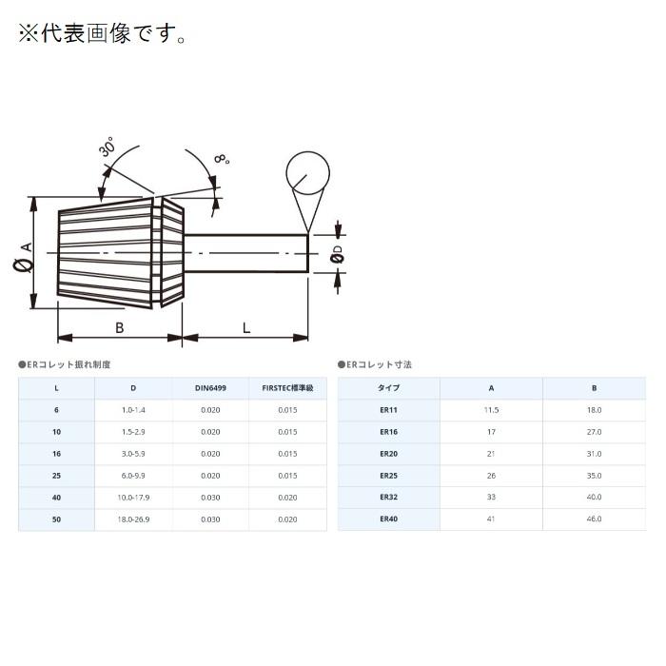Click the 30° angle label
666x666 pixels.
tap(106, 149)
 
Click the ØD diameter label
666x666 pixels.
tap(337, 253)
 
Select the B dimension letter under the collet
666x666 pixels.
tap(119, 328)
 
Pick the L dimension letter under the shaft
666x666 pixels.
tap(246, 328)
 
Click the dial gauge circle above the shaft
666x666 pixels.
tap(307, 173)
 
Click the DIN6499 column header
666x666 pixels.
tap(210, 388)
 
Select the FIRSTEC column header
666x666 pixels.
tap(287, 388)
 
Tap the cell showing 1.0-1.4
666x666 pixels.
tap(133, 410)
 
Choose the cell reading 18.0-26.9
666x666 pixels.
tap(133, 519)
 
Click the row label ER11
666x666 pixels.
tap(388, 410)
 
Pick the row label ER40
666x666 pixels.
tap(388, 519)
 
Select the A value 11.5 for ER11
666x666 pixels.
tap(491, 410)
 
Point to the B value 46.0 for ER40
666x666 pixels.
tap(594, 519)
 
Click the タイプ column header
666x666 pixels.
tap(388, 388)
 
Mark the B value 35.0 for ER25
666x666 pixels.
tap(594, 476)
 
